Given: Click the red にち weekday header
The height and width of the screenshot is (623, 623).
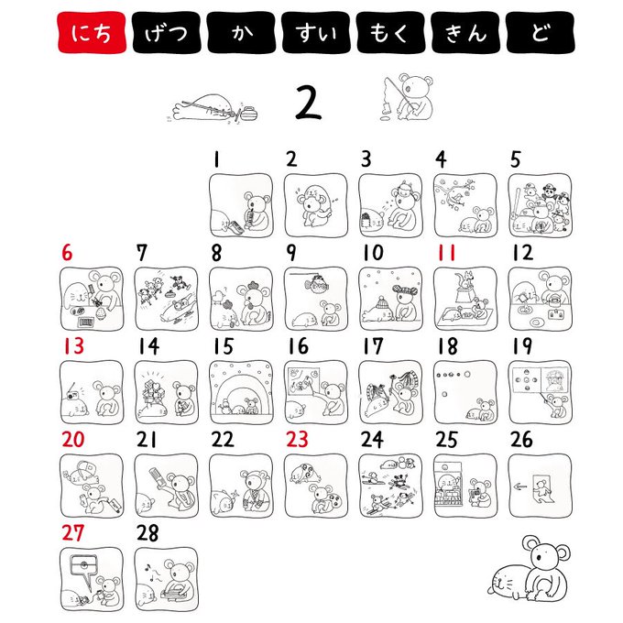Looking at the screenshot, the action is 92,32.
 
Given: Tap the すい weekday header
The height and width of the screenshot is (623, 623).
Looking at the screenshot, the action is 316,32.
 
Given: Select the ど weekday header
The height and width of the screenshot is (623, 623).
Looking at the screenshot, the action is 540,32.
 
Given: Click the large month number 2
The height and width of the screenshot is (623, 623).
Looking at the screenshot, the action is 308,103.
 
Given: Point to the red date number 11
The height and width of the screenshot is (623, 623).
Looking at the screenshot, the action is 446,253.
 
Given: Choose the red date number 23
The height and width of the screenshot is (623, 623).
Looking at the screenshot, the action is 297,440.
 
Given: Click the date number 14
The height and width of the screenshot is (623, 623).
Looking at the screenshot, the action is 148,346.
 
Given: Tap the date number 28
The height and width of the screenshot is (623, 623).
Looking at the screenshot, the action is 148,533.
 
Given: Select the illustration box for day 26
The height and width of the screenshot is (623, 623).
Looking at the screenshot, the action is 540,486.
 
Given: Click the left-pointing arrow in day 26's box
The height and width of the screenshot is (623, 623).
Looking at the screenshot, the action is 519,486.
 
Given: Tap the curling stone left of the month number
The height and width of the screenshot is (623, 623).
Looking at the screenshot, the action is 248,114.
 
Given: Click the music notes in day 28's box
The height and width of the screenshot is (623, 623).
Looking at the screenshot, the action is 150,572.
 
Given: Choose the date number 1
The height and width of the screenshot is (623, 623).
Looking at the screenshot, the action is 216,159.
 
